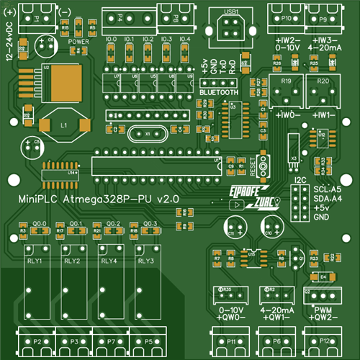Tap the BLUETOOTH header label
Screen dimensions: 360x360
[x=218, y=93]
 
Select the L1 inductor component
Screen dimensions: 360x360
[x=63, y=125]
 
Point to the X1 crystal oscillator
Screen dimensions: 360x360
[x=148, y=134]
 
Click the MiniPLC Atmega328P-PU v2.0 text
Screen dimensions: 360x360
[x=97, y=197]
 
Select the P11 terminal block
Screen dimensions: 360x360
[x=231, y=340]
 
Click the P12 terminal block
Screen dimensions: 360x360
[x=325, y=340]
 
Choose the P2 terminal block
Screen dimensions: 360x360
[x=35, y=340]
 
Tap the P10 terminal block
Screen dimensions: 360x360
[x=287, y=16]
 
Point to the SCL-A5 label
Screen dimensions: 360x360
[x=328, y=188]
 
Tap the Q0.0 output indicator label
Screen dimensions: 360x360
[x=40, y=224]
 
